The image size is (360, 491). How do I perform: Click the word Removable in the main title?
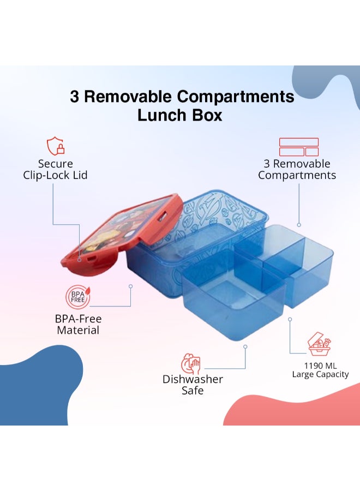coord(127,96)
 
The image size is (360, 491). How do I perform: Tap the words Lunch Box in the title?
coord(179,115)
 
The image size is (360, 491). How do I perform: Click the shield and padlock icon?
coord(56,146)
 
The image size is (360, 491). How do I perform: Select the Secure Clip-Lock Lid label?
coord(55,170)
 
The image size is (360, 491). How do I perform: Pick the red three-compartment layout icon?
coord(299,147)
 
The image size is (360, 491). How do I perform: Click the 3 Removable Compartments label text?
coord(297,170)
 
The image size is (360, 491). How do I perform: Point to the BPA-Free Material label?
coord(78,325)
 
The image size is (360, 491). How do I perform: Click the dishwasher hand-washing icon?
coord(191,363)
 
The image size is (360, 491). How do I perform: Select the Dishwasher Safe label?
coord(193,385)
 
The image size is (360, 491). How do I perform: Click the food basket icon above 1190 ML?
coord(319,344)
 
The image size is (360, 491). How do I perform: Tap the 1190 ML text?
coord(320,366)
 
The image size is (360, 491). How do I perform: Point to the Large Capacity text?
coord(320,374)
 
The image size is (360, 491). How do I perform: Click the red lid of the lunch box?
coord(122,235)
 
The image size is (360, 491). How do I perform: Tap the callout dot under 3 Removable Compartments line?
coord(299,225)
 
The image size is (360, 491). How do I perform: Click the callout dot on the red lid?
coord(80,260)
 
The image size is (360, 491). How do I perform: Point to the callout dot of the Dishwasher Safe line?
coord(245,346)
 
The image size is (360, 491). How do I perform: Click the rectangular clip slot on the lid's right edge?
coord(163,216)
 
